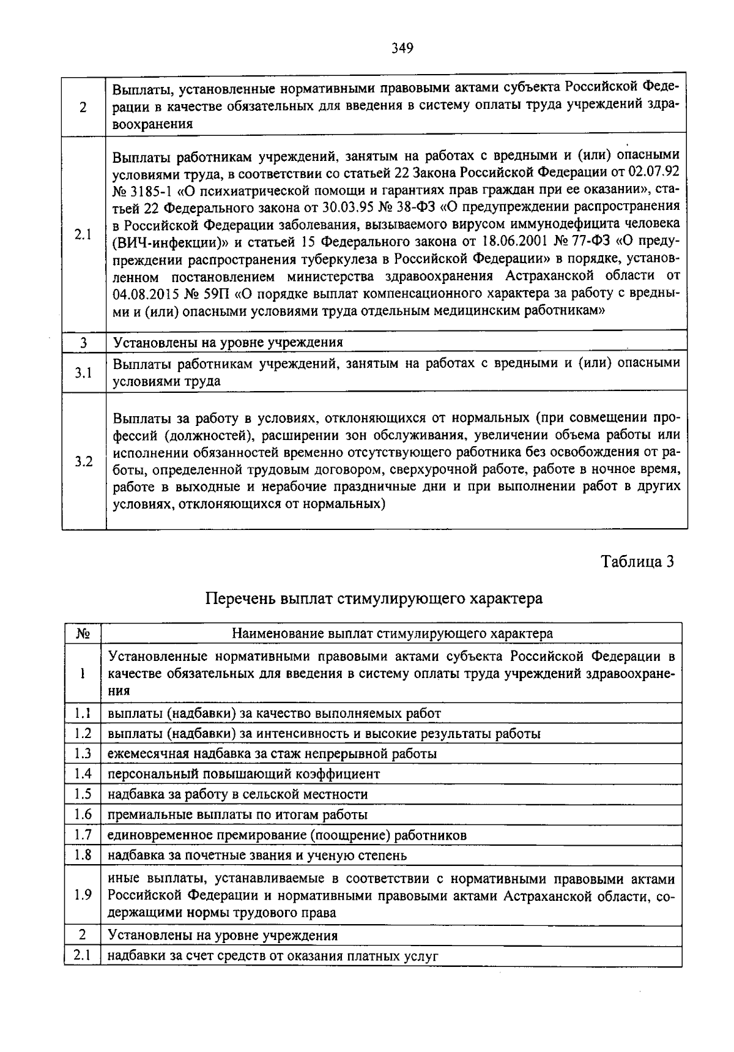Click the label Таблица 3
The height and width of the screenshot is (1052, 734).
(x=637, y=562)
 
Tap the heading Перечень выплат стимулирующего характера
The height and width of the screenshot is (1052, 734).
(x=373, y=598)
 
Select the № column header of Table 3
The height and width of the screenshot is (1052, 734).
(x=83, y=633)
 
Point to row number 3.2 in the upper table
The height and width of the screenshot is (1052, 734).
(x=84, y=461)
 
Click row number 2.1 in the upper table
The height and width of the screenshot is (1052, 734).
(x=84, y=234)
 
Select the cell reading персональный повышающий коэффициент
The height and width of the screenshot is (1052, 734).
(x=243, y=774)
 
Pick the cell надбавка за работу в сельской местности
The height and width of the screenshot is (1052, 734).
(x=238, y=794)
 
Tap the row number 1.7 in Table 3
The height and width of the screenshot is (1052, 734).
(x=83, y=835)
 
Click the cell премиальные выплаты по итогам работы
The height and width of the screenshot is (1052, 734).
(x=237, y=815)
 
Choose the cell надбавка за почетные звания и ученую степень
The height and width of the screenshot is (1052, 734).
(x=257, y=855)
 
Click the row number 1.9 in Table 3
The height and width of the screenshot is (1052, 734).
(x=83, y=895)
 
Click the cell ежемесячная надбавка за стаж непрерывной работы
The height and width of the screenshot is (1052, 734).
(x=272, y=754)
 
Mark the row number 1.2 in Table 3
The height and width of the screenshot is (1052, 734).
(x=83, y=733)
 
